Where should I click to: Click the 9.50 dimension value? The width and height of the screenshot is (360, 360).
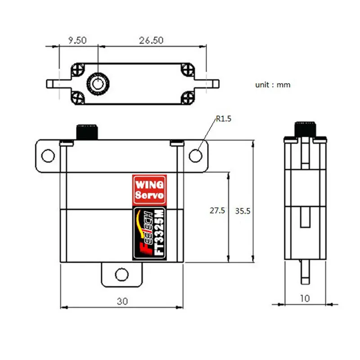[x=77, y=40]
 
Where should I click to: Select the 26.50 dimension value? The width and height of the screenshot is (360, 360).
[x=151, y=40]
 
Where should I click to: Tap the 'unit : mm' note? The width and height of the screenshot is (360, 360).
[x=273, y=85]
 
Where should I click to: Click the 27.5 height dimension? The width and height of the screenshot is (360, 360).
[x=217, y=211]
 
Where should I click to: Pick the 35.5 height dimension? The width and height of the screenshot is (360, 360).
[x=243, y=211]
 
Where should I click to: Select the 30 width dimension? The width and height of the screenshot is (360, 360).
[x=122, y=301]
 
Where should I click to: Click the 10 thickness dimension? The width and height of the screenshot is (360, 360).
[x=306, y=298]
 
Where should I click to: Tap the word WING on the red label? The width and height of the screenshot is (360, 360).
[x=150, y=184]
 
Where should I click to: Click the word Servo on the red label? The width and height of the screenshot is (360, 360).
[x=150, y=196]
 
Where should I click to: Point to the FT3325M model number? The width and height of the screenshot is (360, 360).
[x=158, y=234]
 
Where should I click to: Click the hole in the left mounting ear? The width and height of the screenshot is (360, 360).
[x=47, y=156]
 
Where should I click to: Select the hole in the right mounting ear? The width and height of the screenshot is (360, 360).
[x=195, y=155]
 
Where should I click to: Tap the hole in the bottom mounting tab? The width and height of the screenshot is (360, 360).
[x=121, y=274]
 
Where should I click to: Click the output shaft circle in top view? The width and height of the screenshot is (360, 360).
[x=97, y=83]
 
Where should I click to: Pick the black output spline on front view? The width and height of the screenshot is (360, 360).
[x=87, y=131]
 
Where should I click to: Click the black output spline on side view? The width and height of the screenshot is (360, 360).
[x=306, y=128]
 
